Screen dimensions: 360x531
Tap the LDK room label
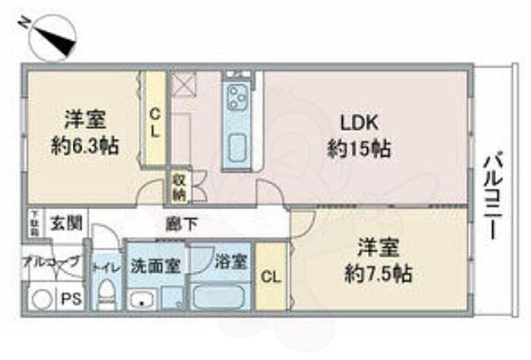[359, 124]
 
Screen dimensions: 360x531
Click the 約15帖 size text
[359, 149]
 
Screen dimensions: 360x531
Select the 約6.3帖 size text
[84, 146]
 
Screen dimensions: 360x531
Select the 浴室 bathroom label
[231, 262]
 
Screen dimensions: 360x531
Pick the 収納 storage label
[179, 186]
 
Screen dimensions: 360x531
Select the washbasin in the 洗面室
[143, 299]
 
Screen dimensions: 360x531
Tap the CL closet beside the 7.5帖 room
[269, 277]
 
